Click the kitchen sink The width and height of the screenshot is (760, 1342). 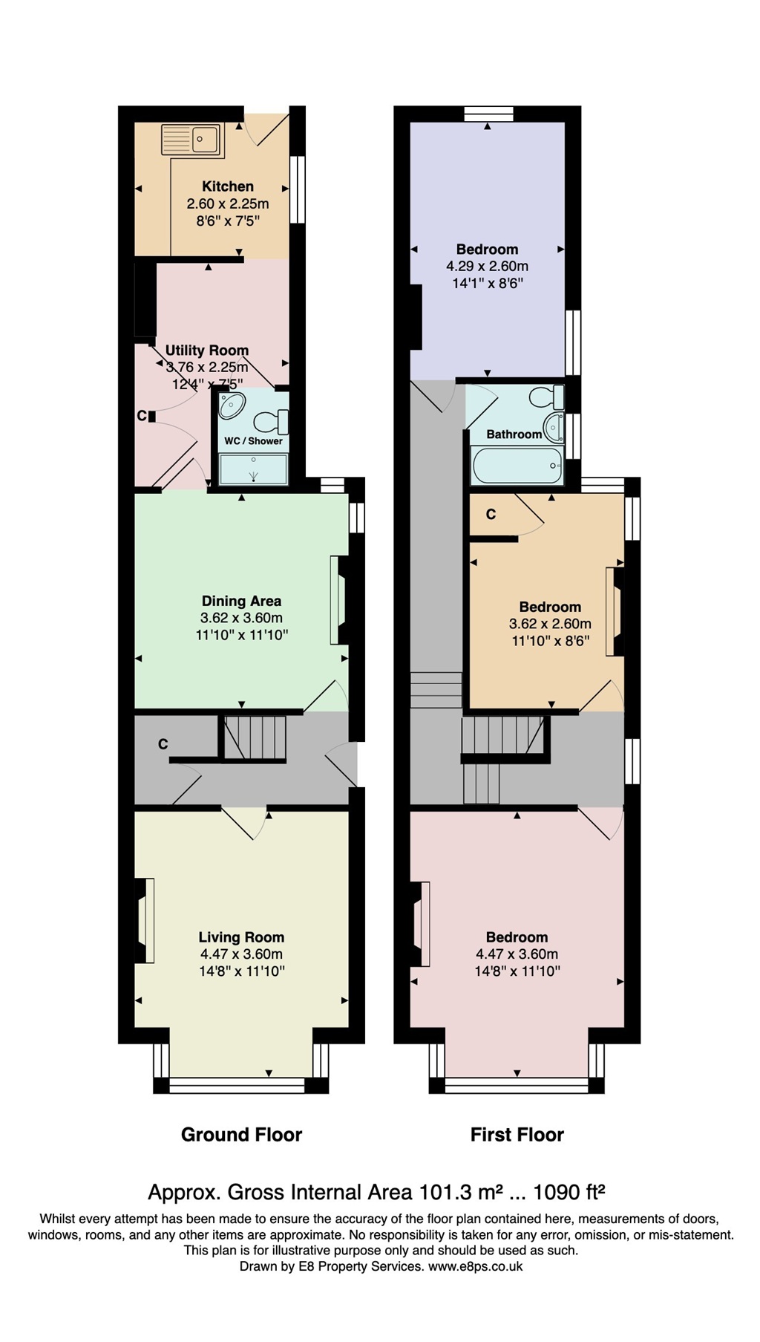click(x=192, y=140)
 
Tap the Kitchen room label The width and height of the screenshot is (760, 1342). click(x=228, y=186)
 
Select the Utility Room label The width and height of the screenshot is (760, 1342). click(x=206, y=351)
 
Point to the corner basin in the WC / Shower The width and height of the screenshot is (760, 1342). click(x=233, y=406)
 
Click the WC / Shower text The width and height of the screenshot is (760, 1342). click(x=254, y=441)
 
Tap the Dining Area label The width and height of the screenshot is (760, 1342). click(x=241, y=601)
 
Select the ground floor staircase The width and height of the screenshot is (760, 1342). click(x=255, y=737)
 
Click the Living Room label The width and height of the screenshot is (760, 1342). click(x=241, y=937)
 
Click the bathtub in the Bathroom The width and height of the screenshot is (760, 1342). click(x=517, y=466)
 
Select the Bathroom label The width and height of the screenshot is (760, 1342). click(x=514, y=434)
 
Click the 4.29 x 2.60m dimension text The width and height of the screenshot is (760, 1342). click(x=487, y=266)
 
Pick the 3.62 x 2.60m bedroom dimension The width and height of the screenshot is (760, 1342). click(x=550, y=624)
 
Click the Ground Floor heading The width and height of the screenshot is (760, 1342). click(x=241, y=1135)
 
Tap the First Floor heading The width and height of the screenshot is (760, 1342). click(x=517, y=1135)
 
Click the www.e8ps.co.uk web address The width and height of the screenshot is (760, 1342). click(x=475, y=1266)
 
